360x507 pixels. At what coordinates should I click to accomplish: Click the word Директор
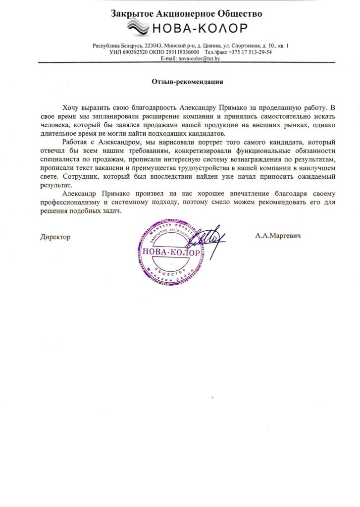(55, 237)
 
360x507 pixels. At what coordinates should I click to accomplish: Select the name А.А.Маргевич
(278, 236)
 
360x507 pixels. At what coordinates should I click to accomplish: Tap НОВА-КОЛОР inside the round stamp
(171, 253)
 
